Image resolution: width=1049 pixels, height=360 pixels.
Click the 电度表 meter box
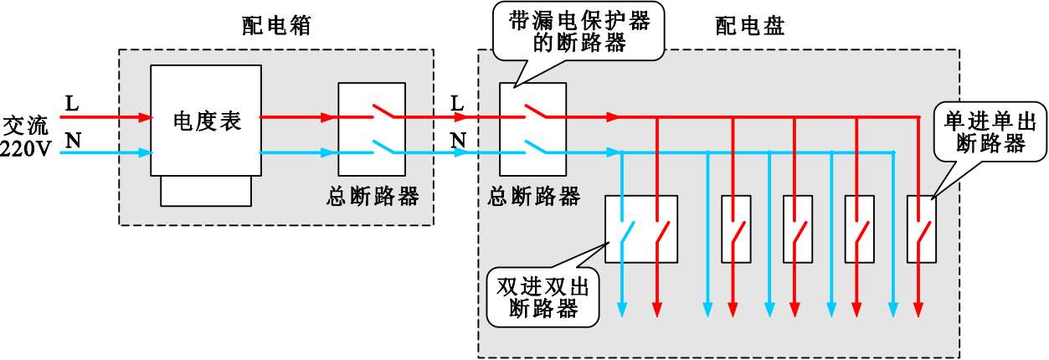[206, 121]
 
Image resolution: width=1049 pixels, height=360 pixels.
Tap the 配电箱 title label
[276, 25]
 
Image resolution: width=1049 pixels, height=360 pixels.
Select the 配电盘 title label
[750, 27]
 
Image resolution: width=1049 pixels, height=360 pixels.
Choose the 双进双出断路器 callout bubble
[543, 297]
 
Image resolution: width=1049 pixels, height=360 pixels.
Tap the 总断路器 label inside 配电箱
[373, 198]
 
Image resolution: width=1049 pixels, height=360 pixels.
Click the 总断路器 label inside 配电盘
[534, 198]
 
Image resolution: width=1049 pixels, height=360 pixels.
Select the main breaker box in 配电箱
[372, 134]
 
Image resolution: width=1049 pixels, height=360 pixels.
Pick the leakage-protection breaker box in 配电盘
[532, 134]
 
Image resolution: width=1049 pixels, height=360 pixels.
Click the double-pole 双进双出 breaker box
[640, 229]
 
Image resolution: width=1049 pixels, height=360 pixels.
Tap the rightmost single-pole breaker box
[921, 229]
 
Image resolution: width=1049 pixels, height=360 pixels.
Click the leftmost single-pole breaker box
[735, 229]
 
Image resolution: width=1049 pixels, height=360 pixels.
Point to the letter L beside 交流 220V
[71, 104]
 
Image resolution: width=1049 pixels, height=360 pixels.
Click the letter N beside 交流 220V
[73, 140]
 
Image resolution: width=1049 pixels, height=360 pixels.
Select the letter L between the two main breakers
[457, 103]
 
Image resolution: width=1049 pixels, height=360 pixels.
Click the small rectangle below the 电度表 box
[206, 191]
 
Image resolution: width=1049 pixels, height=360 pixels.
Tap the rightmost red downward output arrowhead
[919, 310]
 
